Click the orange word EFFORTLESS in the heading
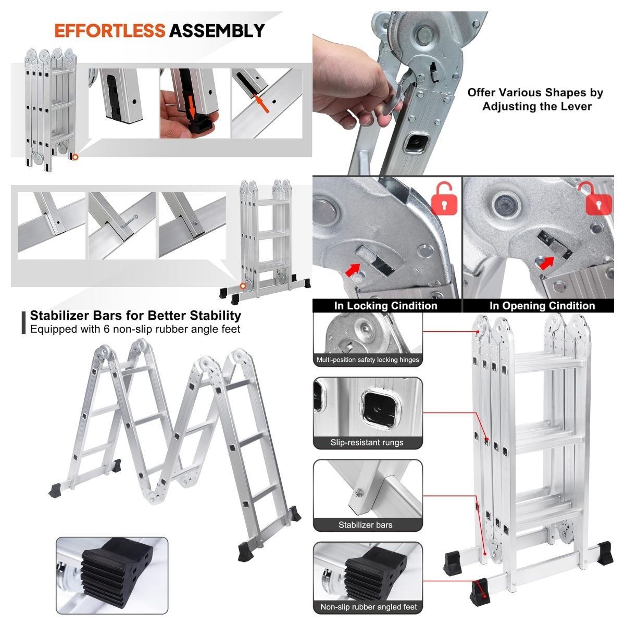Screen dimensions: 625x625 point(110,31)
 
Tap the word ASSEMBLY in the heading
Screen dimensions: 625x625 point(217,31)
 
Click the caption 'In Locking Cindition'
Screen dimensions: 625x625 point(385,306)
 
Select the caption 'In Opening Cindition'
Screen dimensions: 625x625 point(542,306)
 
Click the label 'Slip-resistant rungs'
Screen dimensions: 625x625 point(367,443)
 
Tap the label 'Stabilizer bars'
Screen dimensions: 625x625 point(365,525)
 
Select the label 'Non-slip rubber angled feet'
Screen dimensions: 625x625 point(368,607)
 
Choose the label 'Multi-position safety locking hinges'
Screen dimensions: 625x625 point(368,360)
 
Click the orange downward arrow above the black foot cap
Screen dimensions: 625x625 point(192,108)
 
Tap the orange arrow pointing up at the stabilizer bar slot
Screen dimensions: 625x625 point(262,103)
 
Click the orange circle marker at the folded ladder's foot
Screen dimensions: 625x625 point(75,157)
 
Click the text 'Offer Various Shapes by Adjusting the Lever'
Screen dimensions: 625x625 point(535,99)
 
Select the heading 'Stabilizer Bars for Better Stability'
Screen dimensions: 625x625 point(135,315)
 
